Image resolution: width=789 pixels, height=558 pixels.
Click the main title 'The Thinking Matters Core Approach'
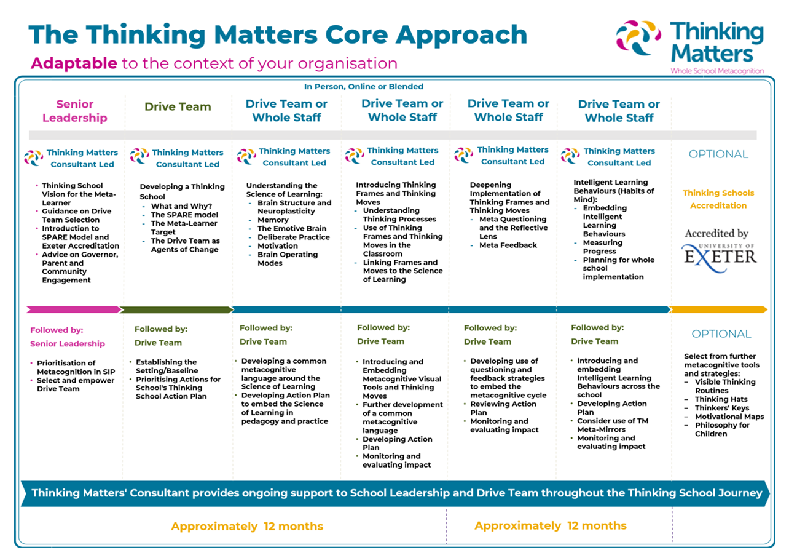tap(278, 35)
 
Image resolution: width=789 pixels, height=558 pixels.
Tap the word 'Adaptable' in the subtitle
tap(74, 63)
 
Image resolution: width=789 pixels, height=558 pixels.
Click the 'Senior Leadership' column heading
tap(75, 111)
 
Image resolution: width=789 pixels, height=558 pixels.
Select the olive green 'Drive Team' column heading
tap(178, 106)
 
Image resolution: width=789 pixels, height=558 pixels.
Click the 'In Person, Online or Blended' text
tap(364, 86)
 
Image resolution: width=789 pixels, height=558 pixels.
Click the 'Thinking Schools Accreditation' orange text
tap(718, 199)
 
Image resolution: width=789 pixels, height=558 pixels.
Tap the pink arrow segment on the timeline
tap(73, 309)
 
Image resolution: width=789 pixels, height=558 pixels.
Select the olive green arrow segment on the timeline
tap(176, 309)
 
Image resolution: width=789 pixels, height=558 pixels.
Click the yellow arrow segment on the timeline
tap(718, 309)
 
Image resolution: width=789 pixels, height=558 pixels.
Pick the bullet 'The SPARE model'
tap(184, 215)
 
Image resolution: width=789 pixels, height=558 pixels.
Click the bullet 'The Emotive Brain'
tap(292, 229)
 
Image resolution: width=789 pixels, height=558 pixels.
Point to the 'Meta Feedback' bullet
tap(508, 245)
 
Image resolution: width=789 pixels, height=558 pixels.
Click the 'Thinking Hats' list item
tap(721, 399)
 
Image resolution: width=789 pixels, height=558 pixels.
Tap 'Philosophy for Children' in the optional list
tap(722, 429)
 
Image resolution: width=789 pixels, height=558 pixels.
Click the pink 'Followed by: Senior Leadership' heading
tap(67, 337)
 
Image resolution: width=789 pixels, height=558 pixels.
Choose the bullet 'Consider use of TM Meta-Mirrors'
tap(613, 425)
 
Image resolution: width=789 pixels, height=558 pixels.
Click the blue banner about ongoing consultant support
tap(395, 493)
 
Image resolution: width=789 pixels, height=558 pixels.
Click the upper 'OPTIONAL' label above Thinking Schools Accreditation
tap(718, 154)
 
